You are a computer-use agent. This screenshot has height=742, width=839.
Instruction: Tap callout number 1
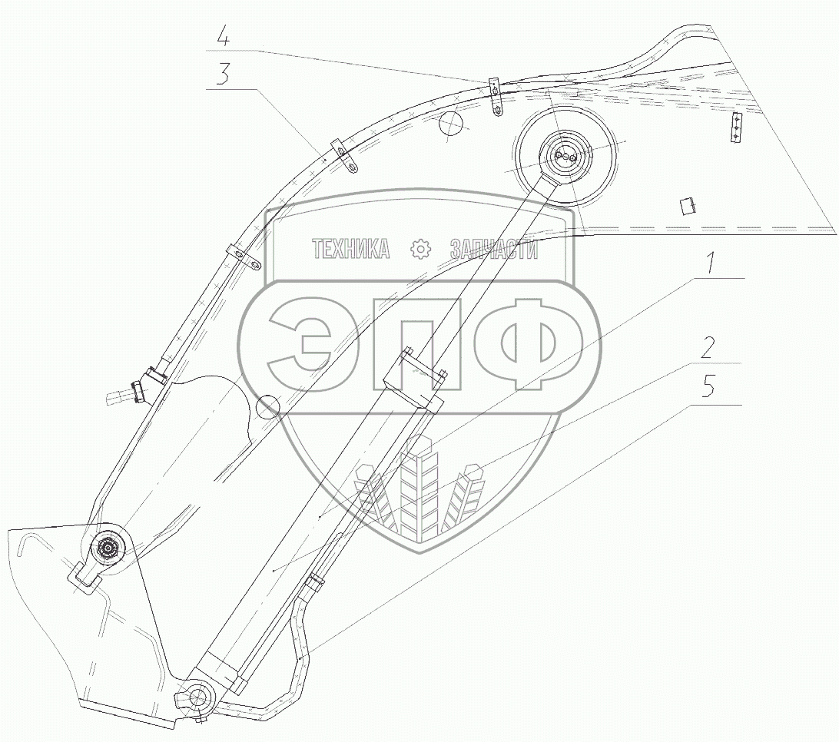click(709, 264)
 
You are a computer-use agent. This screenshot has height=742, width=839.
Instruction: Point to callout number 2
click(708, 349)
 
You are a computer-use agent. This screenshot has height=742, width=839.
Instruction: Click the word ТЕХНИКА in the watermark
click(351, 249)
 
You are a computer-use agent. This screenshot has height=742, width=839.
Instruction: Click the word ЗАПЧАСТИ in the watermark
click(494, 249)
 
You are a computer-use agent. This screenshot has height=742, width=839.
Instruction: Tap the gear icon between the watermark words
click(420, 250)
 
